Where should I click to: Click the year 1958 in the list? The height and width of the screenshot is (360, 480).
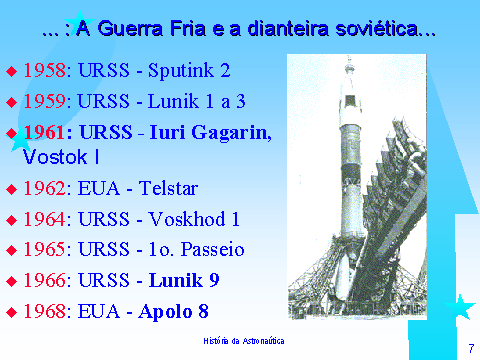pos(45,72)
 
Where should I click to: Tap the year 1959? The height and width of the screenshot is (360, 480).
pos(45,101)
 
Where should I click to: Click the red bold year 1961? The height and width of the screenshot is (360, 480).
pos(45,131)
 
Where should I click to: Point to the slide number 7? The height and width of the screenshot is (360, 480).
pos(469,347)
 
